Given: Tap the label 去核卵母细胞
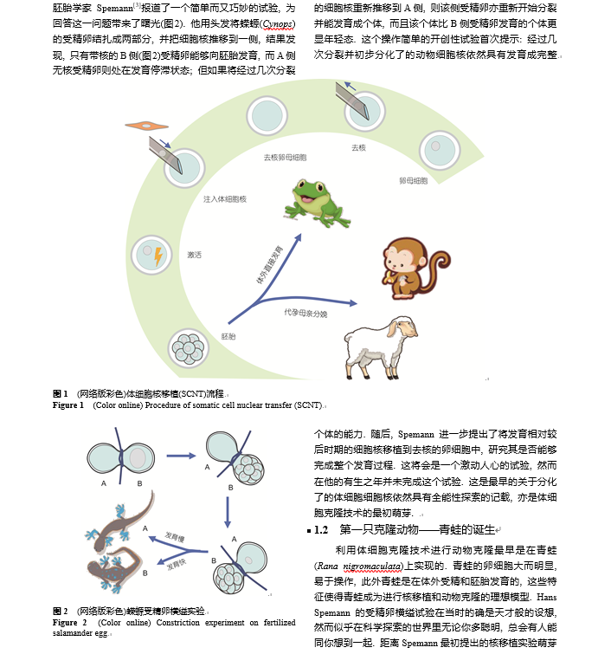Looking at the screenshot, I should [x=285, y=159].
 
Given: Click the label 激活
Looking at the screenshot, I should [x=194, y=255].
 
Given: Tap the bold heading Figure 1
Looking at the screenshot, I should [x=68, y=405].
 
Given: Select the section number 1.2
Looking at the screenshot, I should [x=321, y=528].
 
